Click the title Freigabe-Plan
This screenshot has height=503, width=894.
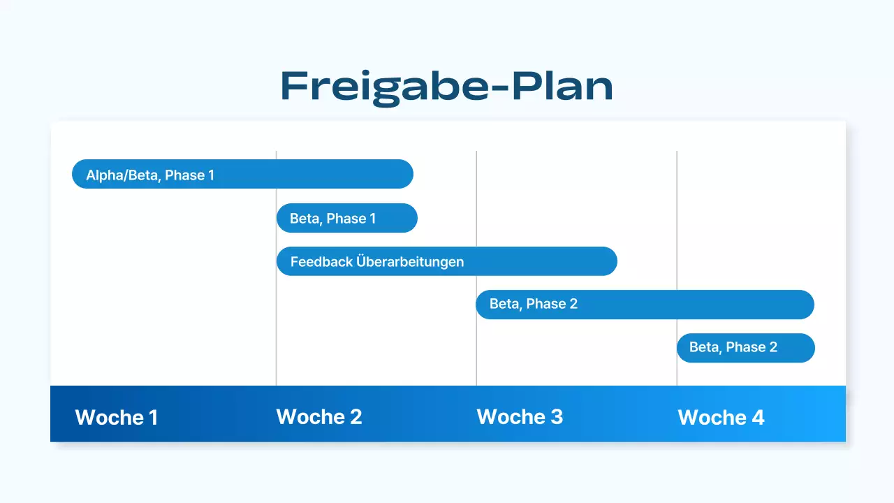click(x=446, y=87)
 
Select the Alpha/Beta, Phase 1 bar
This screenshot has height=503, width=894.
click(x=242, y=174)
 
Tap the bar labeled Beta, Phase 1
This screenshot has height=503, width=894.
click(x=346, y=218)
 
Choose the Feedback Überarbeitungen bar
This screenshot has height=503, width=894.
click(x=447, y=261)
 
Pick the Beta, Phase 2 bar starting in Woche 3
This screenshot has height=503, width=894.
click(x=645, y=305)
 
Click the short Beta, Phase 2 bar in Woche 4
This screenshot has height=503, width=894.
click(x=745, y=348)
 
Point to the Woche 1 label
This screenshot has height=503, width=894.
click(x=116, y=417)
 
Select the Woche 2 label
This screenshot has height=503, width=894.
click(x=319, y=416)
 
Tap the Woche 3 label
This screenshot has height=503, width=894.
click(x=520, y=416)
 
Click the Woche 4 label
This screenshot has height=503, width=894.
click(x=721, y=417)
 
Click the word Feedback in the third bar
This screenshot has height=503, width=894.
click(x=321, y=262)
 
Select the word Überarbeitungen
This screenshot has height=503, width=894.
click(x=410, y=262)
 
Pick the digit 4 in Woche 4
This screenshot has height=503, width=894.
click(x=757, y=417)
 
